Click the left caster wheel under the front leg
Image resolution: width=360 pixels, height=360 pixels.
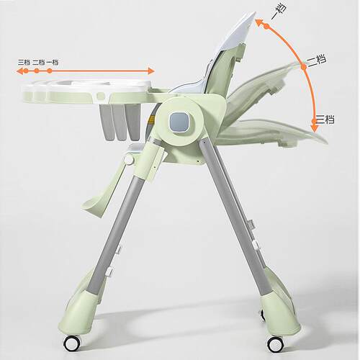72,343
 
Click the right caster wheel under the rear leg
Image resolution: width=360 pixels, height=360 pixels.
276,343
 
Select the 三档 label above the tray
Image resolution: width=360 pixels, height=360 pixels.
24,63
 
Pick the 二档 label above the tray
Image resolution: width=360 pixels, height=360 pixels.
39,63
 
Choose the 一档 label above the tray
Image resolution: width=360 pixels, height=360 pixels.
53,63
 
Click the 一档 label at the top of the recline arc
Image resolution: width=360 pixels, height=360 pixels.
279,12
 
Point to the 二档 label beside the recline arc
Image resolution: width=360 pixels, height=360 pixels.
317,60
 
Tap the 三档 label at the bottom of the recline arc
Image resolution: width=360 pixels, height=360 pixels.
325,120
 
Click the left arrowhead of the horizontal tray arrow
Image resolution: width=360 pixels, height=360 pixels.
19,71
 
